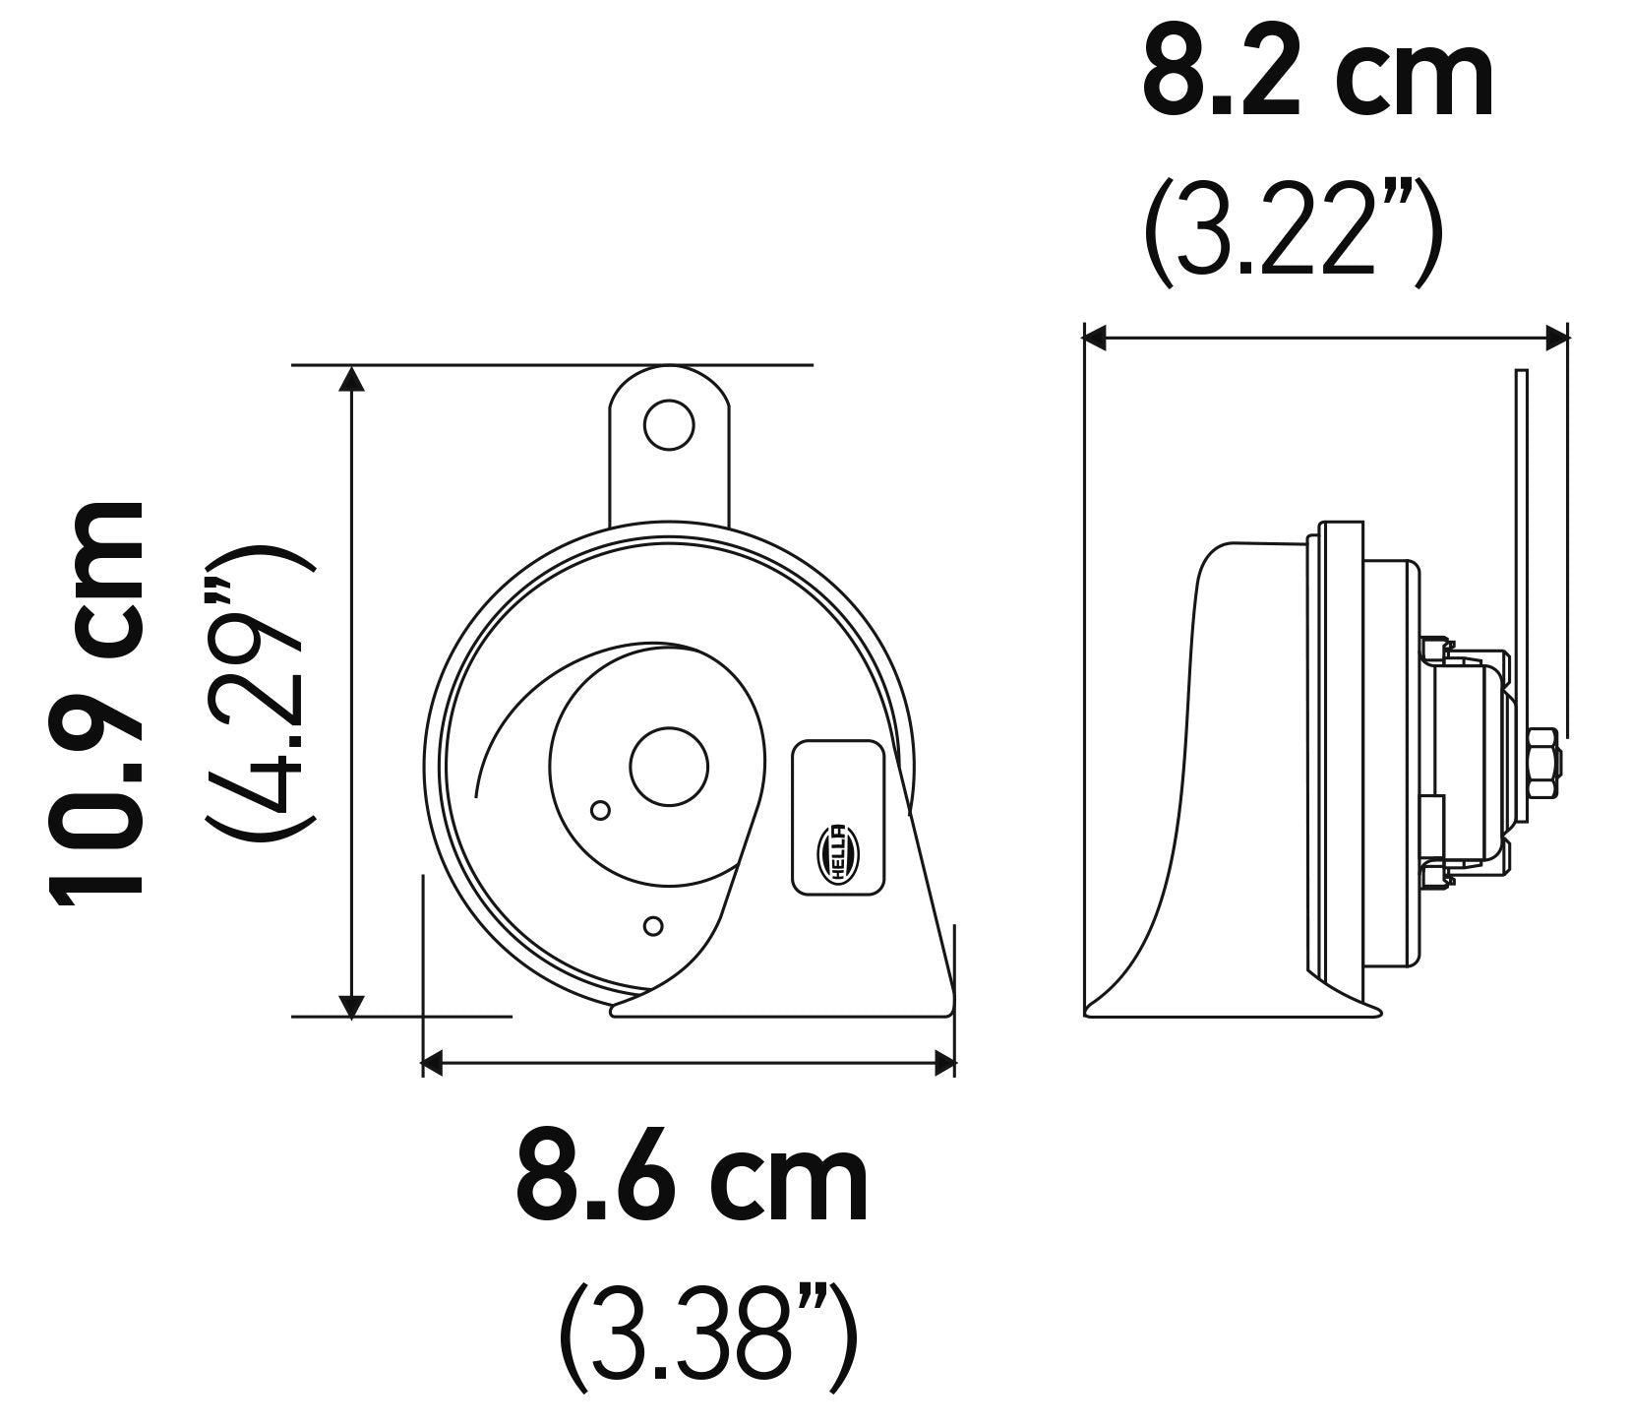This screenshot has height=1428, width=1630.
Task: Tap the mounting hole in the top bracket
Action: tap(668, 424)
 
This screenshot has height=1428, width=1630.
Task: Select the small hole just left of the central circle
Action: tap(600, 810)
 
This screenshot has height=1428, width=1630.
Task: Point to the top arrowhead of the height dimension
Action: tap(352, 377)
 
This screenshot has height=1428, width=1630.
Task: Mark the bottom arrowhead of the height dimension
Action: tap(352, 1005)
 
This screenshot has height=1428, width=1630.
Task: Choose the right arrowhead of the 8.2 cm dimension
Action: tap(1555, 339)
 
